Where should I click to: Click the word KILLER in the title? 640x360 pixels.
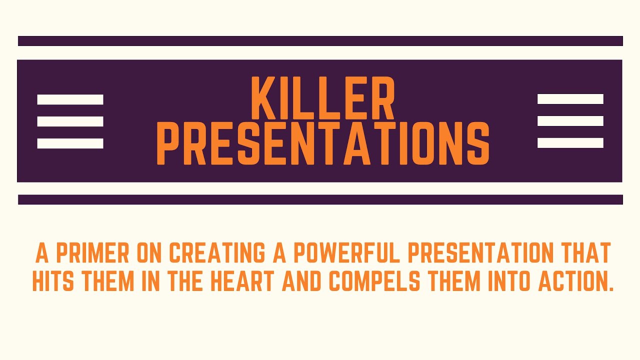tap(322, 98)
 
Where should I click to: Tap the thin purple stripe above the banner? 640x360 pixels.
tap(320, 41)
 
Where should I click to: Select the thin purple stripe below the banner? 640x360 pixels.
tap(320, 199)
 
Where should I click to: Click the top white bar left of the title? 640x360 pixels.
tap(70, 99)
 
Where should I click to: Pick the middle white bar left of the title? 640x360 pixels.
tap(70, 121)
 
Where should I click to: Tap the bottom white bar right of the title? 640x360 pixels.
tap(570, 143)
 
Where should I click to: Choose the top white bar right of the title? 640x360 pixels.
tap(570, 99)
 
